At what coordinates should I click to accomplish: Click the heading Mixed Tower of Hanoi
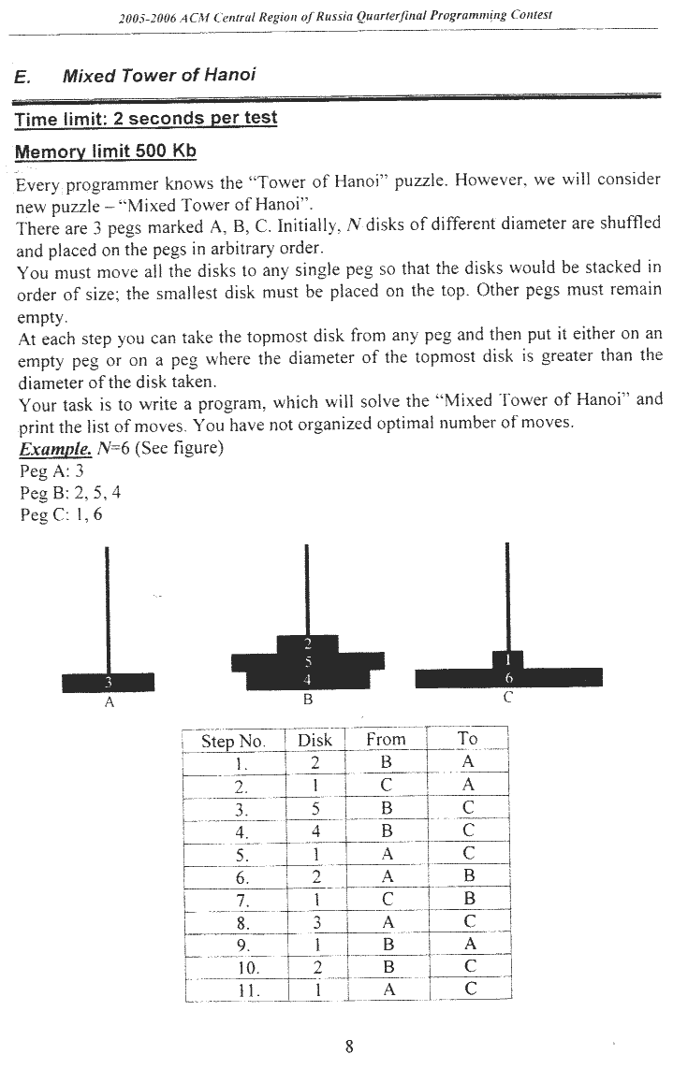[159, 76]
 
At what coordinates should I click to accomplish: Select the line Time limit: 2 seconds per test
[146, 119]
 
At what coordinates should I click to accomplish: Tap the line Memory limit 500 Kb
[106, 151]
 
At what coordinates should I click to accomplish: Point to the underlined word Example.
[49, 447]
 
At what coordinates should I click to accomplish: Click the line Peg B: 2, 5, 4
[70, 492]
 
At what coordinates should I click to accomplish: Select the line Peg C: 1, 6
[61, 513]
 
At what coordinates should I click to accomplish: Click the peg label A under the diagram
[110, 703]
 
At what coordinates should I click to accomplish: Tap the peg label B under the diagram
[307, 699]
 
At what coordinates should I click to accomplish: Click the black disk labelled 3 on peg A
[109, 682]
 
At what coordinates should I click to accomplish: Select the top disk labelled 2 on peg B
[307, 643]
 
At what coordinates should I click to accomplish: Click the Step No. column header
[233, 741]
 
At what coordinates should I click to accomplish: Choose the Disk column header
[315, 740]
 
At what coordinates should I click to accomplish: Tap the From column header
[386, 739]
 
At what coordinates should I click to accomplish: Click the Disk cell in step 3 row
[315, 809]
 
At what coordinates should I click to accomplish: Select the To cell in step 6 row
[469, 876]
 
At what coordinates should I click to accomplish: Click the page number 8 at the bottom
[348, 1046]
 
